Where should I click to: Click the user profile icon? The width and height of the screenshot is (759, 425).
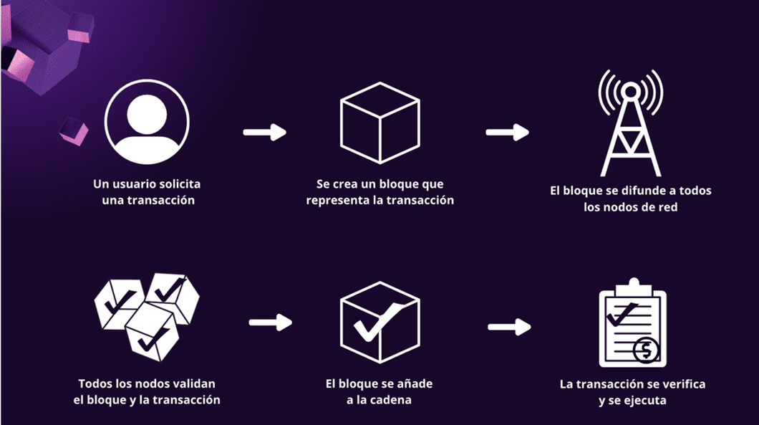147,122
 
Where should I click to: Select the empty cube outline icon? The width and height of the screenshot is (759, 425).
380,123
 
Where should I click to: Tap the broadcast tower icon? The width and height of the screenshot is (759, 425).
631,123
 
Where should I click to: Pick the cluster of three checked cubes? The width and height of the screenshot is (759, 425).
147,317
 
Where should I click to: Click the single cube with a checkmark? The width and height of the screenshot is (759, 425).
380,323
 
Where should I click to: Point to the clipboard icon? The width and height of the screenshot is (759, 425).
633,323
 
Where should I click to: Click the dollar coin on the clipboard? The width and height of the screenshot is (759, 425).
646,350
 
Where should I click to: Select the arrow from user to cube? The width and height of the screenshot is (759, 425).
265,133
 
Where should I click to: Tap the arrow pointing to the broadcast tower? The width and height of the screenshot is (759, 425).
507,133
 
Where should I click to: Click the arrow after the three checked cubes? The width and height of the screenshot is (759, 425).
271,323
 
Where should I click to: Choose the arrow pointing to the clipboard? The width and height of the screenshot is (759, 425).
509,327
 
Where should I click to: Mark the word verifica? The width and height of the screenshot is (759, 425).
684,384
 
